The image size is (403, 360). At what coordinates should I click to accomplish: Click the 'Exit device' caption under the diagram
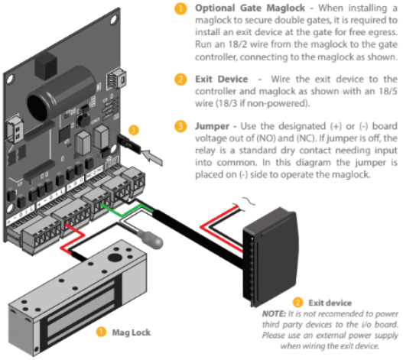click(x=327, y=303)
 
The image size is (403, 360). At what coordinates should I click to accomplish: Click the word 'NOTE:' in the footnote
click(x=273, y=313)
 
